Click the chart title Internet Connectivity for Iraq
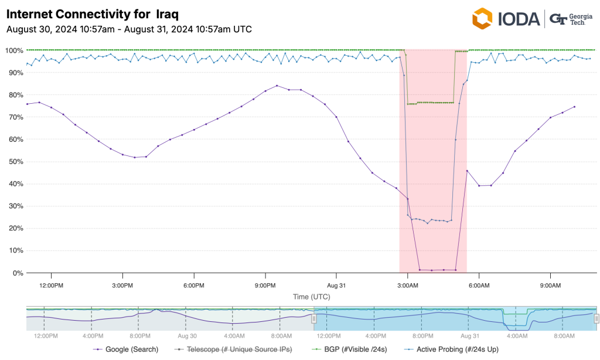pyautogui.click(x=92, y=13)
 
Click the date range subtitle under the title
pyautogui.click(x=129, y=29)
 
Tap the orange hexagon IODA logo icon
pyautogui.click(x=483, y=19)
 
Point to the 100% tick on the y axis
pyautogui.click(x=14, y=50)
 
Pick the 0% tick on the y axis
pyautogui.click(x=18, y=273)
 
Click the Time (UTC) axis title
pyautogui.click(x=312, y=297)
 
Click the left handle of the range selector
pyautogui.click(x=313, y=318)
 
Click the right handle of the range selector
pyautogui.click(x=596, y=318)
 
